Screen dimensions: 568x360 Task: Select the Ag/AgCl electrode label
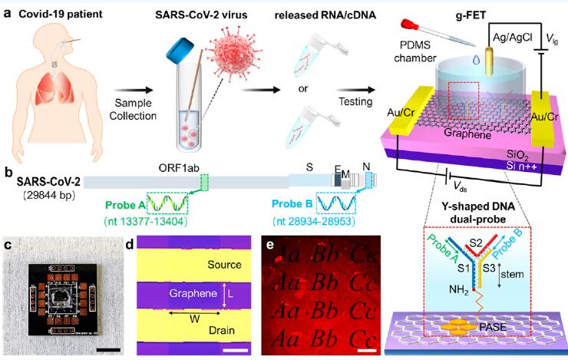point(513,38)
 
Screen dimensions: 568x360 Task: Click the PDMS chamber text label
point(415,51)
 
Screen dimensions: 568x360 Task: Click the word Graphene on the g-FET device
point(467,134)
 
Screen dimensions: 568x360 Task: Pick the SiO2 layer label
point(517,155)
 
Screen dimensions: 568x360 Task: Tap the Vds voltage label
point(460,187)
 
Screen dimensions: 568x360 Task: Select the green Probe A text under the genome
point(125,205)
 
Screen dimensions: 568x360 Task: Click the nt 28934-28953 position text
point(314,221)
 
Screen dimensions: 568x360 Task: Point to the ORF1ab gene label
point(179,168)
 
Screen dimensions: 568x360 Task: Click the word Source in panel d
point(224,265)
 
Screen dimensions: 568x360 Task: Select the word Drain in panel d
point(222,330)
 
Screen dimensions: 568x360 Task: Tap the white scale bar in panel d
point(236,351)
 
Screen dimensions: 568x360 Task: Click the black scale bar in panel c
point(108,350)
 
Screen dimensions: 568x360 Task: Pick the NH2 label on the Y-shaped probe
point(459,289)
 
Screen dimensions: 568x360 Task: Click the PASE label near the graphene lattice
point(493,327)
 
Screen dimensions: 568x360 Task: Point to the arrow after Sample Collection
point(134,91)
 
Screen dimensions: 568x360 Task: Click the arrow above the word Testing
point(355,90)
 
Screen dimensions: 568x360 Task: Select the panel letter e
point(269,245)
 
